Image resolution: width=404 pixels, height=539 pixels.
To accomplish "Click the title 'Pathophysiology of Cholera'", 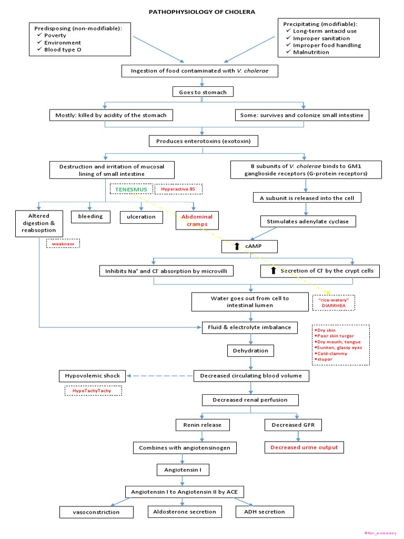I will (x=203, y=12).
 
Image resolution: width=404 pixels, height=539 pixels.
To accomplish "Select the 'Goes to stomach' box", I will (x=203, y=92).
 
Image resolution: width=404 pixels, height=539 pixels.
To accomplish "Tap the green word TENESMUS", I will (x=132, y=188).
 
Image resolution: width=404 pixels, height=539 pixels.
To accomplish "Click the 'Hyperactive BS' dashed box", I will (x=178, y=188).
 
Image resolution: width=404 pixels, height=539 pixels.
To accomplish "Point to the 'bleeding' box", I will (x=90, y=216).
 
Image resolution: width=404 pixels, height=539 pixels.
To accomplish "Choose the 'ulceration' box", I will (x=141, y=216).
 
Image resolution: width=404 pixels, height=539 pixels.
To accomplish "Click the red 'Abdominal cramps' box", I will (x=197, y=220).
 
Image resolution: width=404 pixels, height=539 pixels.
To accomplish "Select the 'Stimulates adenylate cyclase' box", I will (x=308, y=222).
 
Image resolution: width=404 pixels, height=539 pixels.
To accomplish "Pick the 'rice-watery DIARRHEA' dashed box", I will (x=334, y=302).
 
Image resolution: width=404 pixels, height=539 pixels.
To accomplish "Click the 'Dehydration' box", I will (x=250, y=351).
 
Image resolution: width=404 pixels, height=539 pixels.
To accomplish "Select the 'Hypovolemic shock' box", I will (x=93, y=376).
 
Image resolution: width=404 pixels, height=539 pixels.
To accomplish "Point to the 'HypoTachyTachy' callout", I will (x=93, y=391).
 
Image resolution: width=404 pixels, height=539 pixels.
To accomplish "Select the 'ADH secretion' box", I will (x=264, y=512).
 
